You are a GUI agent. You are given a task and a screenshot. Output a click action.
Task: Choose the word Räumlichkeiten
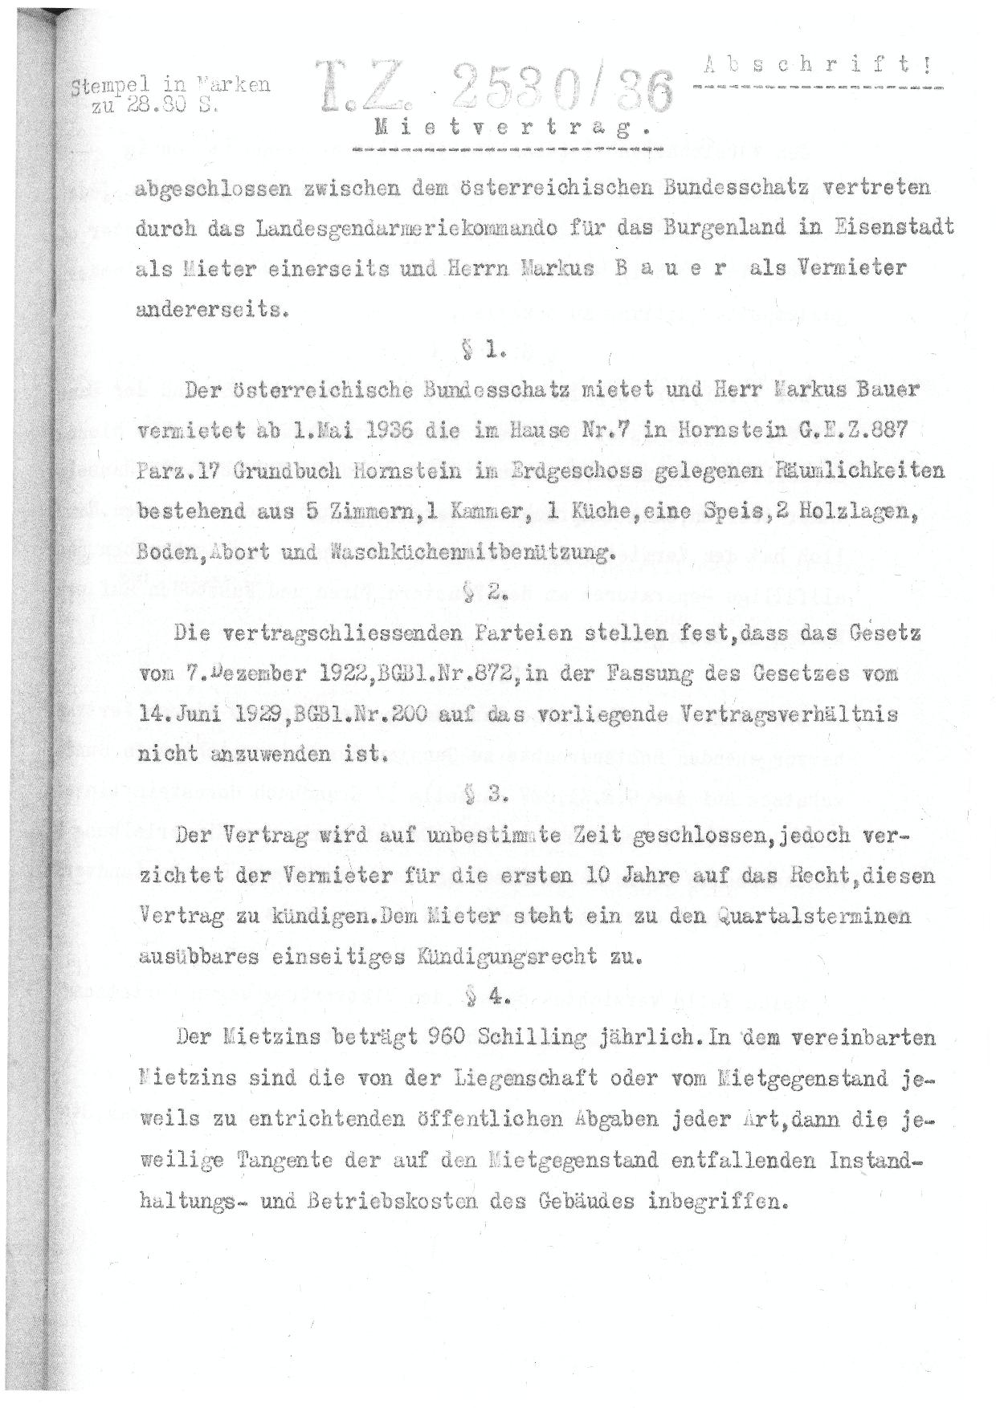(x=851, y=471)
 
